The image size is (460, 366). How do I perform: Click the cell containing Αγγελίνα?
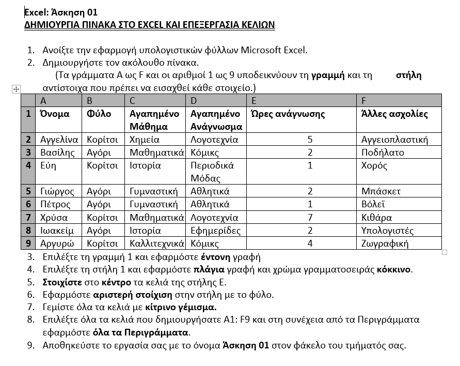click(59, 140)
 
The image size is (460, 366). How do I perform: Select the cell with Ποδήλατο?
click(383, 152)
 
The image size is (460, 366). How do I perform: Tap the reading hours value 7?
click(310, 218)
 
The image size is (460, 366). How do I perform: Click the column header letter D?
click(194, 100)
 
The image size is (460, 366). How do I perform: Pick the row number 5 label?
click(28, 191)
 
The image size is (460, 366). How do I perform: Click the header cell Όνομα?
click(55, 114)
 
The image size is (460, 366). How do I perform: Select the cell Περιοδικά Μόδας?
click(212, 172)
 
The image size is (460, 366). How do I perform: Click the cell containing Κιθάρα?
click(376, 218)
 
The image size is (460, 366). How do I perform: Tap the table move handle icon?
click(15, 89)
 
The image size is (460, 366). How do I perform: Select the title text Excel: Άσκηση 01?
click(61, 12)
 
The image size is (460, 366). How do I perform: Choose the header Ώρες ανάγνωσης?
click(288, 114)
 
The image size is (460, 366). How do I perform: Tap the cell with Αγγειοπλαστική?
click(394, 140)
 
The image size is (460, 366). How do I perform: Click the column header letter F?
click(364, 100)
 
